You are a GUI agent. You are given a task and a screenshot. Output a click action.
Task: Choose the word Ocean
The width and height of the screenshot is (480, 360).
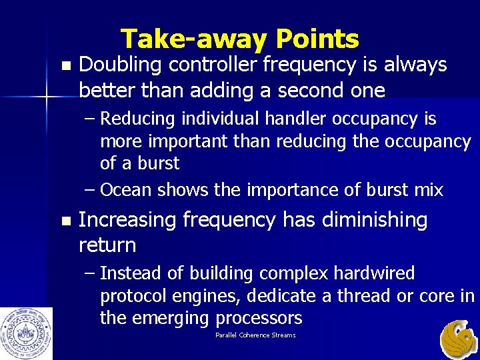pos(126,191)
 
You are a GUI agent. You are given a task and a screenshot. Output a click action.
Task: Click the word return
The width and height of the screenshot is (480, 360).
pos(107,245)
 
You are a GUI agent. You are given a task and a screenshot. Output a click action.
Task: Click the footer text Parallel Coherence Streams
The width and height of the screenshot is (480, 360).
pos(255,335)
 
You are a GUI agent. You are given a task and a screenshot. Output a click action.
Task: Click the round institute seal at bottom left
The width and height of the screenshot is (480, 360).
pos(27,333)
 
